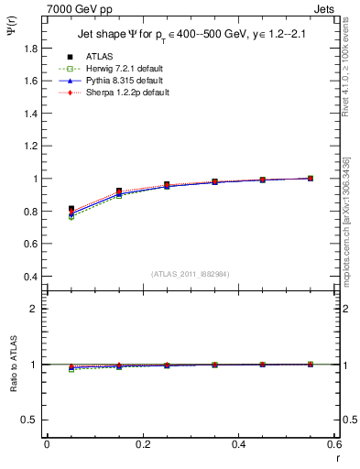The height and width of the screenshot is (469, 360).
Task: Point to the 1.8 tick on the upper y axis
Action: tap(29, 48)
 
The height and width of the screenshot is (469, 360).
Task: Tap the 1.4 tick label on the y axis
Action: tap(29, 114)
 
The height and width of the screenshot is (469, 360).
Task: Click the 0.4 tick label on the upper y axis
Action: tap(29, 277)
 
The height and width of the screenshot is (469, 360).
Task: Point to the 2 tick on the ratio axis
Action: tap(35, 309)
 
